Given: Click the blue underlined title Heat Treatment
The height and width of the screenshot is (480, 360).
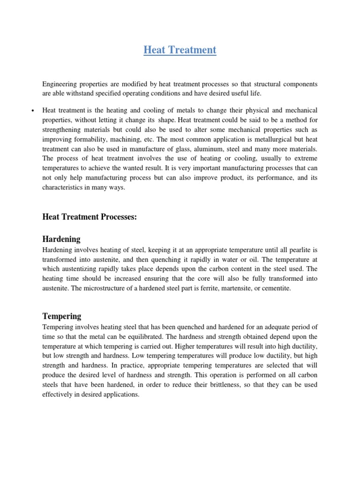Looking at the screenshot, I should [x=180, y=50].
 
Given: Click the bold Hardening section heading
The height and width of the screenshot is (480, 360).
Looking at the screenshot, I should [x=61, y=239].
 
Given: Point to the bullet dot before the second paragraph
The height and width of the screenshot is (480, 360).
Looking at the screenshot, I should [x=33, y=111].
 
